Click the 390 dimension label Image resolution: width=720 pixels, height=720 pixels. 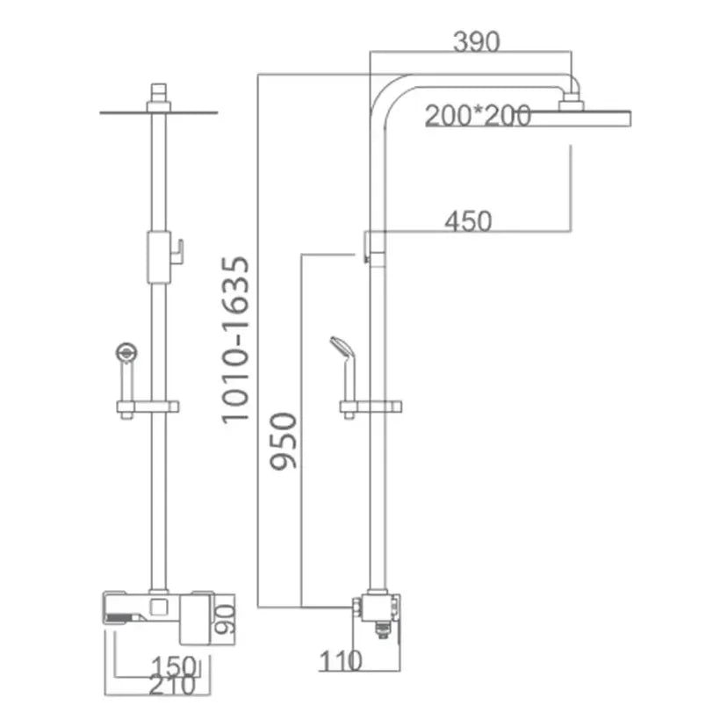(x=476, y=41)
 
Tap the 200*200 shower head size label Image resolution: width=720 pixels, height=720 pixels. (x=478, y=115)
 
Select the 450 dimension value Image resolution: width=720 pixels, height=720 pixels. (x=468, y=221)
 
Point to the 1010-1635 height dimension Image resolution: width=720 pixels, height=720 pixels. (x=235, y=339)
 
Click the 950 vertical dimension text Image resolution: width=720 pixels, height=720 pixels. (x=284, y=441)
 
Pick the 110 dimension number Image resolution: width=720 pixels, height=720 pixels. (x=341, y=661)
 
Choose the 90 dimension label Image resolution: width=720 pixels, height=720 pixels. (x=225, y=619)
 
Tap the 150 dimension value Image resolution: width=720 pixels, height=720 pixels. (x=174, y=666)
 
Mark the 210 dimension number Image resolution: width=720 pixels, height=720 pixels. (x=172, y=686)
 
